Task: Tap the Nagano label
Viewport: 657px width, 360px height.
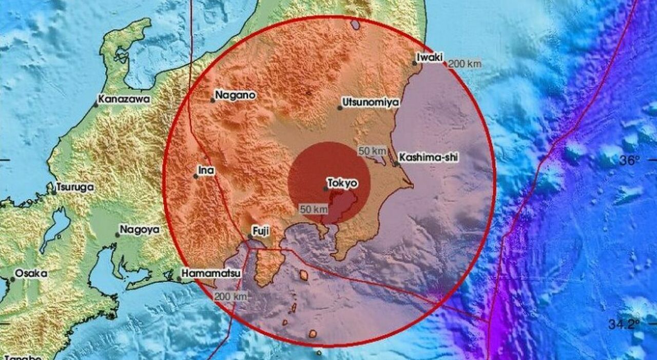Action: [235, 94]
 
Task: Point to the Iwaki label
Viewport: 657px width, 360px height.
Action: [430, 58]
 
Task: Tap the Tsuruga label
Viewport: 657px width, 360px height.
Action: [75, 187]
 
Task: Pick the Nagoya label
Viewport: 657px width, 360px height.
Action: [140, 230]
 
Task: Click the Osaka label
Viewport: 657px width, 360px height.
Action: [31, 274]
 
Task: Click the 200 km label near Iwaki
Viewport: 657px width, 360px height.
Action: [465, 64]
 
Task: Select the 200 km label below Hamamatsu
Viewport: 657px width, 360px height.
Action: [230, 296]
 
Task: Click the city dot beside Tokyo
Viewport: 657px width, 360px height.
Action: [326, 188]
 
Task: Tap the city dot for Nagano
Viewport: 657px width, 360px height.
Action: [213, 100]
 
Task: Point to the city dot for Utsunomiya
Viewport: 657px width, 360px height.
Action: [340, 107]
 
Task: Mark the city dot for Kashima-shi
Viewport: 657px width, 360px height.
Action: [396, 164]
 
